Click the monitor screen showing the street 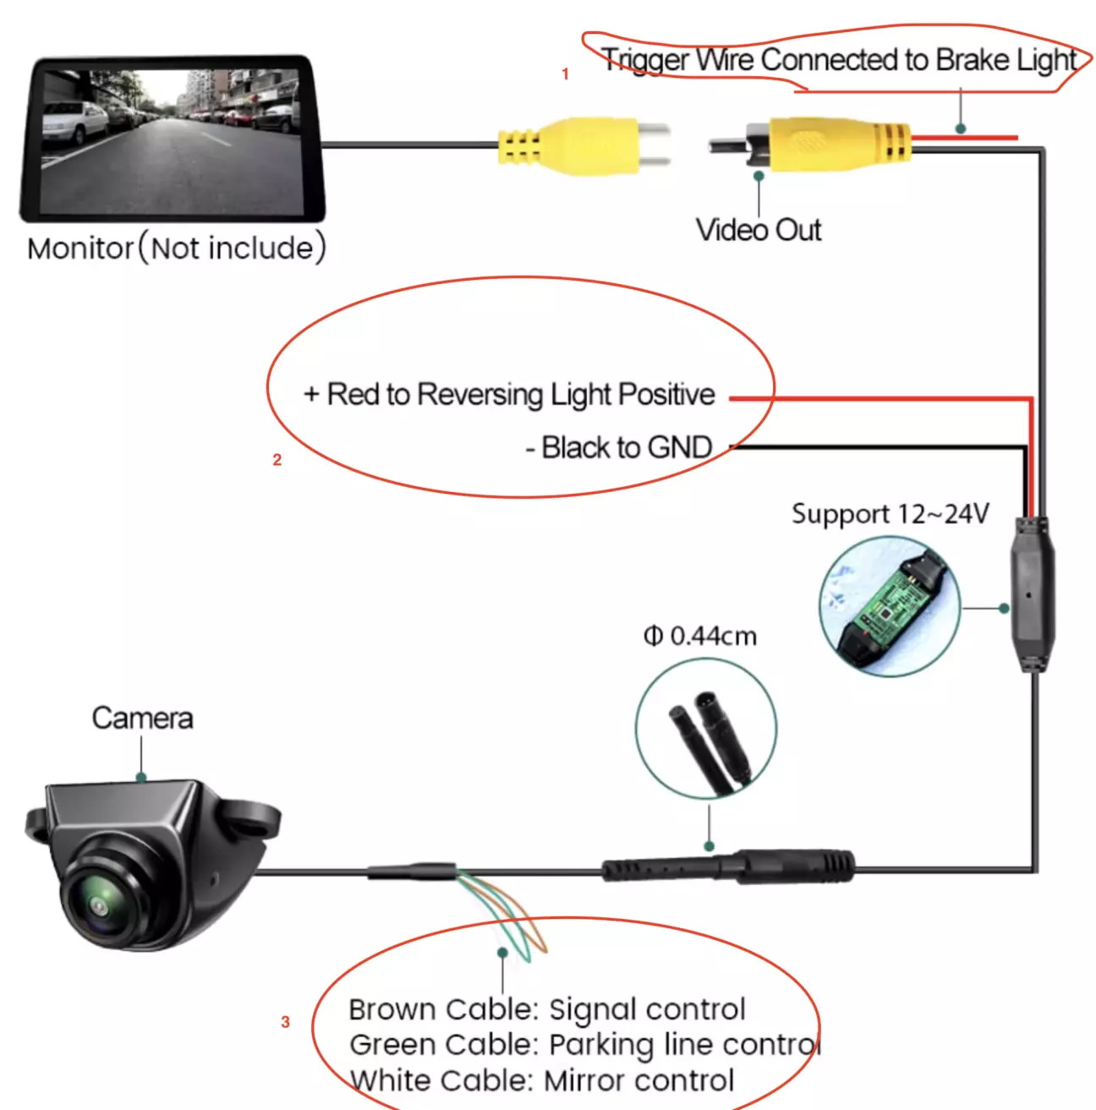point(172,140)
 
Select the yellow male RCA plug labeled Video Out point(810,144)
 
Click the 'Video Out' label point(759,231)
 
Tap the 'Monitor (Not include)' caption point(177,249)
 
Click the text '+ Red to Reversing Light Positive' point(509,395)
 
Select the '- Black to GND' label point(619,447)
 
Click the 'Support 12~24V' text point(890,514)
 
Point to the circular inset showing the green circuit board point(890,606)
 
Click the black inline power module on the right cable point(1033,594)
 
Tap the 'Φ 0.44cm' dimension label point(700,637)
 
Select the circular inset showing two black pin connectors point(706,728)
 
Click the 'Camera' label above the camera point(142,719)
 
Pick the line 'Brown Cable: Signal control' point(547,1009)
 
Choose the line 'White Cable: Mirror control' point(542,1080)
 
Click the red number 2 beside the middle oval point(277,460)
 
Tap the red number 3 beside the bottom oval point(285,1022)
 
